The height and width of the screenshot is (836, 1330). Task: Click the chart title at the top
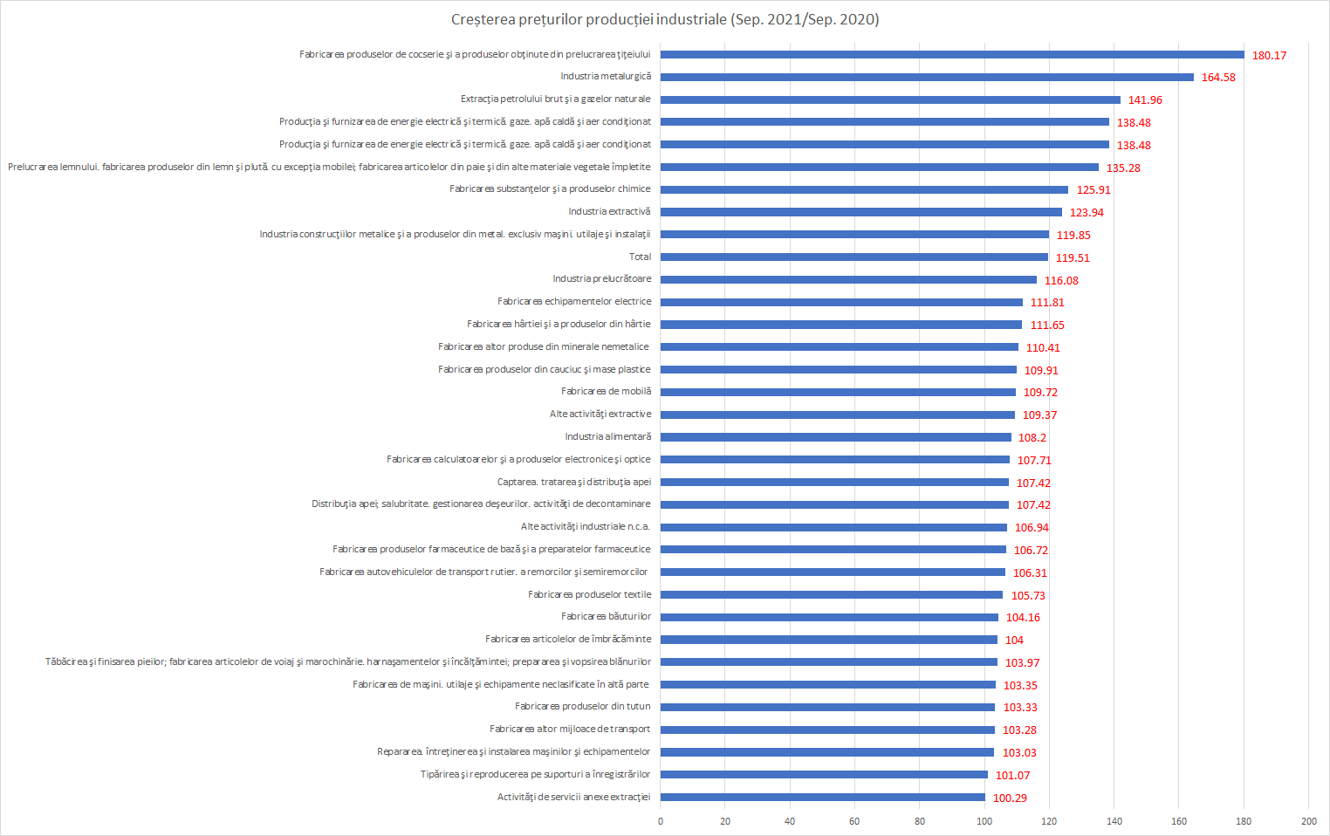tap(665, 19)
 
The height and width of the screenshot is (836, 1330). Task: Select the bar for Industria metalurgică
tap(927, 77)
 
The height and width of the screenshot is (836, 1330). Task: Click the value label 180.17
tap(1269, 55)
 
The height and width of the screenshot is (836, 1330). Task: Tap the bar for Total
tap(854, 257)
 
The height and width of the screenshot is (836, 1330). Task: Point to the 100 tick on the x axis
tap(984, 821)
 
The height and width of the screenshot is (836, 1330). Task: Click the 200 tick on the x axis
tap(1308, 821)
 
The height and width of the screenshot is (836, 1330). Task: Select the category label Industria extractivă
tap(609, 211)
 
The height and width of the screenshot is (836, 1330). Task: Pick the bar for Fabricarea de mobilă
tap(838, 392)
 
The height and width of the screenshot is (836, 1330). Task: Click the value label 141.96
tap(1145, 100)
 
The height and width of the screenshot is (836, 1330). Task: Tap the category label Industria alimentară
tap(607, 436)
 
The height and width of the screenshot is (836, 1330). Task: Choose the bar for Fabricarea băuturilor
tap(829, 617)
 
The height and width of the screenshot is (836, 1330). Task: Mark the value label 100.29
tap(1010, 798)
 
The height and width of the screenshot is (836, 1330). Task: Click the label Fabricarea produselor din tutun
tap(582, 706)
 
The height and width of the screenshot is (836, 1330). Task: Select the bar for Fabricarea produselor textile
tap(832, 594)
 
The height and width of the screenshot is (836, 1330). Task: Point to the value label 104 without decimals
tap(1014, 640)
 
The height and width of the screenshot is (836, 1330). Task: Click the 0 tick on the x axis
tap(661, 821)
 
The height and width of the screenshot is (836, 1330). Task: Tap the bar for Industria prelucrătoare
tap(848, 279)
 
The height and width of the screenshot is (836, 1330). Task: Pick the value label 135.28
tap(1123, 168)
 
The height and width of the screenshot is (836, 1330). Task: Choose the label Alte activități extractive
tap(600, 414)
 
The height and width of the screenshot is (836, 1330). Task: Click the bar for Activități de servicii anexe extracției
tap(823, 797)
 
